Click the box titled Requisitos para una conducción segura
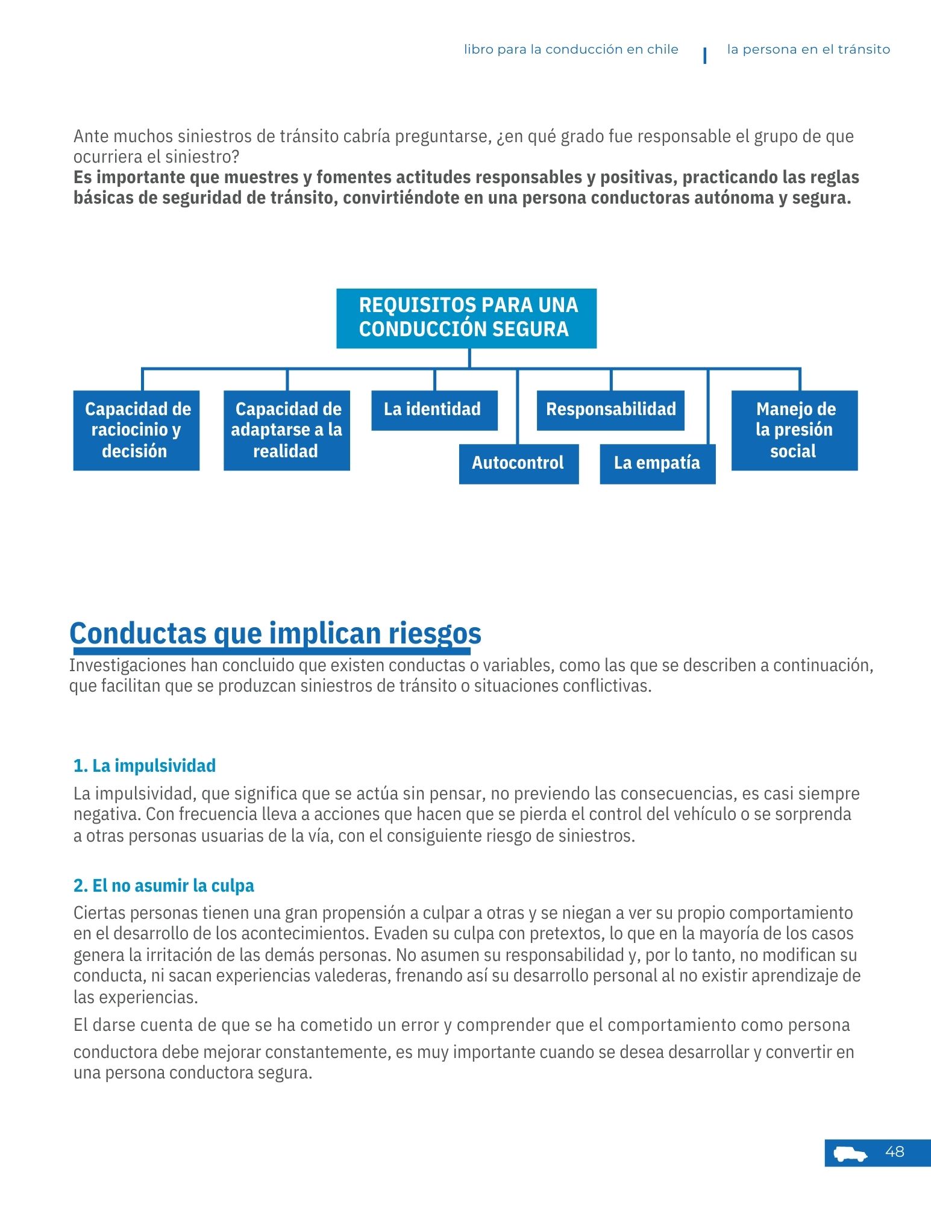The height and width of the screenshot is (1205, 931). [466, 318]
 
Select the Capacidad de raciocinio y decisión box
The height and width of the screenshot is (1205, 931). [136, 430]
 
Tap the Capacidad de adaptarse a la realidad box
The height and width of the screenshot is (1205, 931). [287, 430]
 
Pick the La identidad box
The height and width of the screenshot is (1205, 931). [434, 410]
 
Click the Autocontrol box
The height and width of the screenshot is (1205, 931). [518, 463]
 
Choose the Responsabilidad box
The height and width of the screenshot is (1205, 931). [610, 410]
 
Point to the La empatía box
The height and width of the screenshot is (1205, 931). [657, 463]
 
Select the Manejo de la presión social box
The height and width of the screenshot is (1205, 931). [794, 430]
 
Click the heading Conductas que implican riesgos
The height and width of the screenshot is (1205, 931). [275, 633]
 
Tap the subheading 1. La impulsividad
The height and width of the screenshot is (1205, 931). [145, 766]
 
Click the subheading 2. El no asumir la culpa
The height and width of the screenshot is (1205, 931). [164, 886]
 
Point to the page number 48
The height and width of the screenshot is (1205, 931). [895, 1152]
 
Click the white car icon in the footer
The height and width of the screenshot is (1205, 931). [850, 1154]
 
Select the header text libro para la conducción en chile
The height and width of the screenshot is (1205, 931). [571, 50]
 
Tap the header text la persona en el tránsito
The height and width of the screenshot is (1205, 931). [808, 50]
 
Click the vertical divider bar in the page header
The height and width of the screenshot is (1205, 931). [705, 55]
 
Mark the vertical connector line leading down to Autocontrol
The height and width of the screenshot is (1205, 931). [518, 407]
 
